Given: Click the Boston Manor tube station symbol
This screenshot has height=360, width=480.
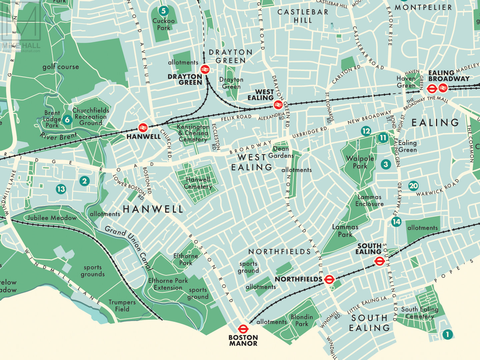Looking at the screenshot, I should pyautogui.click(x=243, y=329).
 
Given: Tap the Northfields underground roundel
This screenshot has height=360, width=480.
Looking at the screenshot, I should pyautogui.click(x=329, y=279).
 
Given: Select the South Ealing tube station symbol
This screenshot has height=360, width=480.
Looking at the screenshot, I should pyautogui.click(x=379, y=261).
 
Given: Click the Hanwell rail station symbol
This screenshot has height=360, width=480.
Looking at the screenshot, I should pyautogui.click(x=143, y=127).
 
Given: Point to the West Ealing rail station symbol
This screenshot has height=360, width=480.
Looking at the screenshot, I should pyautogui.click(x=278, y=105).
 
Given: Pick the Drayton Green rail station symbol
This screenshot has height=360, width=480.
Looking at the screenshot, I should pyautogui.click(x=205, y=69).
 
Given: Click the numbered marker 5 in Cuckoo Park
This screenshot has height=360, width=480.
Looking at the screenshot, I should pyautogui.click(x=163, y=11).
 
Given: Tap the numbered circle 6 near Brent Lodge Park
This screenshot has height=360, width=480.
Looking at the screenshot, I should pyautogui.click(x=67, y=120).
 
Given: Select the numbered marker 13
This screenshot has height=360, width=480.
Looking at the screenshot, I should pyautogui.click(x=61, y=189).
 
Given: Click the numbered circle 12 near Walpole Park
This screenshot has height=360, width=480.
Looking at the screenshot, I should pyautogui.click(x=366, y=131).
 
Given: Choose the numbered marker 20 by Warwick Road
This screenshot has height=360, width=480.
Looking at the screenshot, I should pyautogui.click(x=413, y=186).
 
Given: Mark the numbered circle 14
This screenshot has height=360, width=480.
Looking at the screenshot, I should pyautogui.click(x=396, y=222).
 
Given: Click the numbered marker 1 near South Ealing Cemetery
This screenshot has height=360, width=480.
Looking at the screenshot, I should pyautogui.click(x=447, y=334).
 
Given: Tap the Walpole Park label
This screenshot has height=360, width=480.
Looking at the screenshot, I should pyautogui.click(x=360, y=162).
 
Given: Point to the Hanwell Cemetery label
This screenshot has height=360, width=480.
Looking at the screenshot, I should pyautogui.click(x=198, y=183).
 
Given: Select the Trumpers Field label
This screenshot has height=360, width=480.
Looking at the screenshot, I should pyautogui.click(x=122, y=306).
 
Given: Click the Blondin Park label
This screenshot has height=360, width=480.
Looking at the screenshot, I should pyautogui.click(x=302, y=320).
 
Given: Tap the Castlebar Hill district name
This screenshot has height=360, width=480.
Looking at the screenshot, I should pyautogui.click(x=303, y=16).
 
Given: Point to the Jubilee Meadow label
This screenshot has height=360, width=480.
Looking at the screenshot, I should pyautogui.click(x=52, y=218).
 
